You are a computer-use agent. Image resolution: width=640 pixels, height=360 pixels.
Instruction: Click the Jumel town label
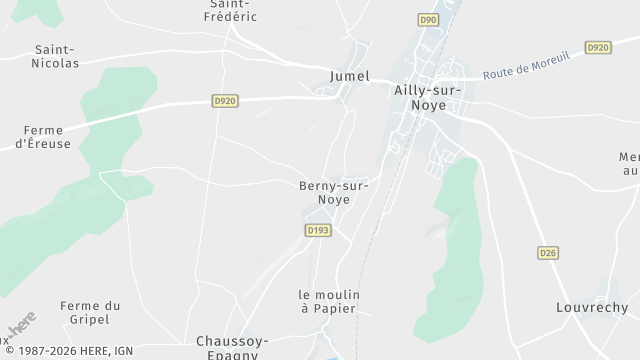(x=349, y=76)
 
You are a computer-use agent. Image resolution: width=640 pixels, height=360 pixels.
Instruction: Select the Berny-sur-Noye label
(x=333, y=192)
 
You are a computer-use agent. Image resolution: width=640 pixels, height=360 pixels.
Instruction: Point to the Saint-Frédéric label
(x=231, y=10)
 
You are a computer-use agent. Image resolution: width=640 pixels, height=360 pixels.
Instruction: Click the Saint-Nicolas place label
(x=57, y=56)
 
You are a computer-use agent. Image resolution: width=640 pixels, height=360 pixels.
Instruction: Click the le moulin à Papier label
(x=329, y=301)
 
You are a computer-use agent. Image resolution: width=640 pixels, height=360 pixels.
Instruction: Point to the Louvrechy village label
(x=592, y=307)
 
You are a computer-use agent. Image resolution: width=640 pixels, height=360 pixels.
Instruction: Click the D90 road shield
(x=429, y=19)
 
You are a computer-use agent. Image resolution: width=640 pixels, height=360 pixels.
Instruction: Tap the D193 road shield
(x=317, y=230)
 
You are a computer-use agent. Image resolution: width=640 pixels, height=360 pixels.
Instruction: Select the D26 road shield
(x=547, y=253)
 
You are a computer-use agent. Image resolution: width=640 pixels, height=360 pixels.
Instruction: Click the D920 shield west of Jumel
(x=224, y=100)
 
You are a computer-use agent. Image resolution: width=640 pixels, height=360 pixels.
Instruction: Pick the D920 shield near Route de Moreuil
(x=598, y=47)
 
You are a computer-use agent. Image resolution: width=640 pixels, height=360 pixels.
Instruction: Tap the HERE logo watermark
(x=19, y=325)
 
